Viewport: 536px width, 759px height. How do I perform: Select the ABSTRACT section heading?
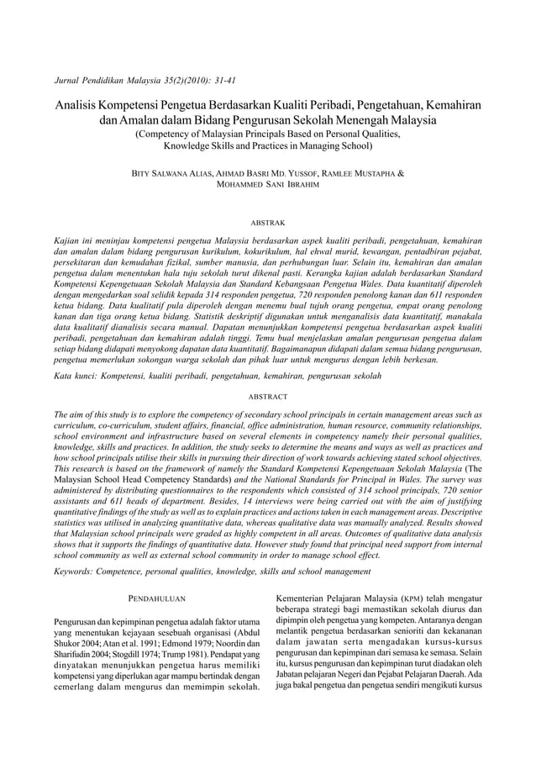(x=268, y=396)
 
